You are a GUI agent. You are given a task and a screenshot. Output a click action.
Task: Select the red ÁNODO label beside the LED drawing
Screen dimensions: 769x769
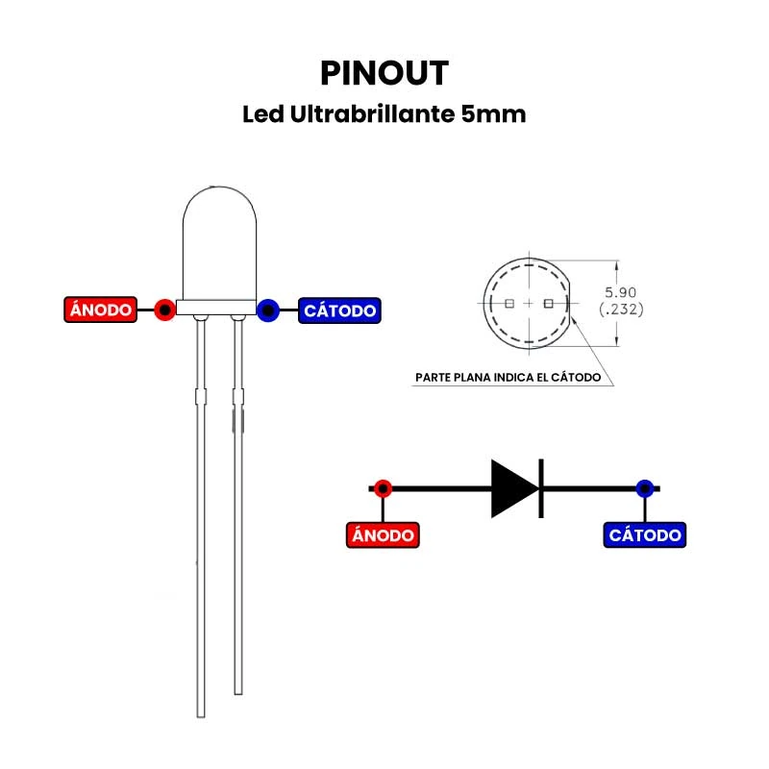(x=100, y=310)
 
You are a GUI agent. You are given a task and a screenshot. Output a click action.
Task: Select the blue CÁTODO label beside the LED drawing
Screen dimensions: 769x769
(x=339, y=310)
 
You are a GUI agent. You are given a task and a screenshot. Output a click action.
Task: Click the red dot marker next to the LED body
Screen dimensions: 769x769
(x=165, y=310)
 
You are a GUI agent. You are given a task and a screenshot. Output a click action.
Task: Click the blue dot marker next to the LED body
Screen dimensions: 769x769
(x=268, y=310)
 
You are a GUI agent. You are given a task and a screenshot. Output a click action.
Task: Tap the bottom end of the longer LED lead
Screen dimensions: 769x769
(x=201, y=712)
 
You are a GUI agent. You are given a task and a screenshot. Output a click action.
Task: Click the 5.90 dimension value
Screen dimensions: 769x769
(x=620, y=292)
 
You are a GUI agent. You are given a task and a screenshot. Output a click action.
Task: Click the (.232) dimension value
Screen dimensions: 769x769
(x=620, y=310)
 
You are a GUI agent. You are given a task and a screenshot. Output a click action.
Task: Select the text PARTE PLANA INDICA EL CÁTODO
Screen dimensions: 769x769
(x=508, y=378)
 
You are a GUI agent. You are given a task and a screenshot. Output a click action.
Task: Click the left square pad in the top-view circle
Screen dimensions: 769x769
(x=509, y=304)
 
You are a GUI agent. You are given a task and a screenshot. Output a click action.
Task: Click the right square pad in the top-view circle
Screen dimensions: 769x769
(x=548, y=304)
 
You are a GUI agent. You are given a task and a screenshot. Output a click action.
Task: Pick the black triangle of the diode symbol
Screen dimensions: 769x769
(x=512, y=488)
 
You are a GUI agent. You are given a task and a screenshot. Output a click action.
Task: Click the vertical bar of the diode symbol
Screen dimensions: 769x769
(x=541, y=488)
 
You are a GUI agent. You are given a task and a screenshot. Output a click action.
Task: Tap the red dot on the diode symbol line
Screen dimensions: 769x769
(x=383, y=487)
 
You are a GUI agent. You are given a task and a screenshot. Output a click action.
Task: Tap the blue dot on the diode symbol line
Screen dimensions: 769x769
(x=644, y=487)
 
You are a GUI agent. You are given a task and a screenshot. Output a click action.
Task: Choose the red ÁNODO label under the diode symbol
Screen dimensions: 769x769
(x=383, y=535)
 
